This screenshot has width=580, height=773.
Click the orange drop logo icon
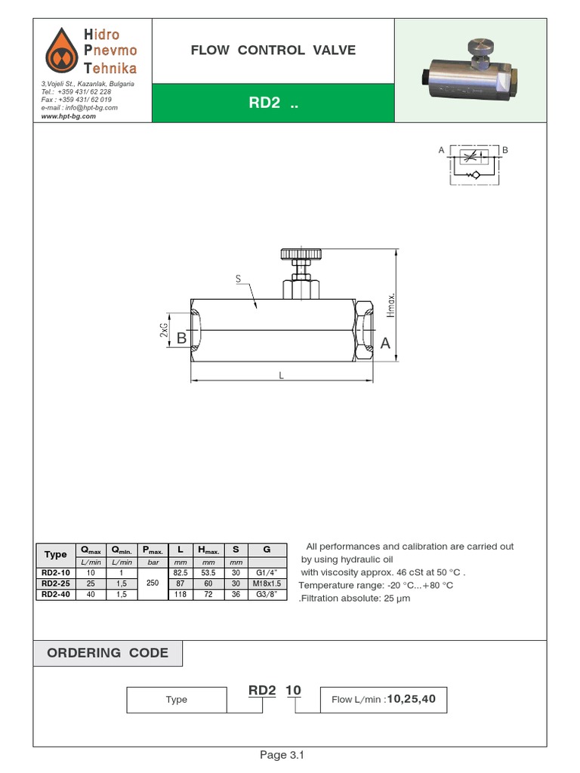(x=62, y=51)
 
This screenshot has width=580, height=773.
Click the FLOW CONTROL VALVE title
(x=273, y=51)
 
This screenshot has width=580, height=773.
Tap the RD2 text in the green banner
(x=273, y=103)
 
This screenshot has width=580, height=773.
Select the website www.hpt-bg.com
(x=69, y=116)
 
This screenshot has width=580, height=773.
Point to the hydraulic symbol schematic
(x=473, y=163)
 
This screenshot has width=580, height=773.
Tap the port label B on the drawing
(x=181, y=339)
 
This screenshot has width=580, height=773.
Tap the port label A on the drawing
(x=385, y=343)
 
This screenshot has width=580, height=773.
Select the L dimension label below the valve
(x=281, y=375)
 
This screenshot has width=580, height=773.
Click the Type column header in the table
(x=55, y=554)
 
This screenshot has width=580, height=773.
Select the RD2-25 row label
(x=55, y=584)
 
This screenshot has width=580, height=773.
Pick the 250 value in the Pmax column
(x=151, y=584)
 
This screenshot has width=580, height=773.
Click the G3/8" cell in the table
(x=267, y=594)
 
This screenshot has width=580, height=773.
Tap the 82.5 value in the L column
(x=180, y=573)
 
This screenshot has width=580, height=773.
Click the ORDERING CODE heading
(x=108, y=653)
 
